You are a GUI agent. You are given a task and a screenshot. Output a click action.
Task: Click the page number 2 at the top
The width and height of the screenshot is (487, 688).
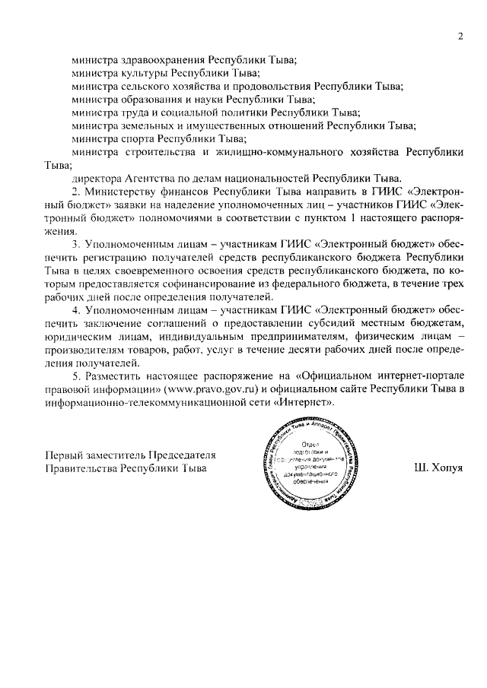click(x=461, y=36)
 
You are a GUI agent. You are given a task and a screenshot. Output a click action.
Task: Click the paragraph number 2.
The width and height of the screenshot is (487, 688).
click(x=75, y=192)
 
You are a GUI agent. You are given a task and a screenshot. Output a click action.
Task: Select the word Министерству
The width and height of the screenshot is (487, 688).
click(x=118, y=192)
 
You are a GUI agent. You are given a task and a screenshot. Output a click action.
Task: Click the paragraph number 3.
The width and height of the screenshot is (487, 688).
click(x=75, y=245)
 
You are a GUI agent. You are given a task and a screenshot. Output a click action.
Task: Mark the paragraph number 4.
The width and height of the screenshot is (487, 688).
click(x=75, y=312)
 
